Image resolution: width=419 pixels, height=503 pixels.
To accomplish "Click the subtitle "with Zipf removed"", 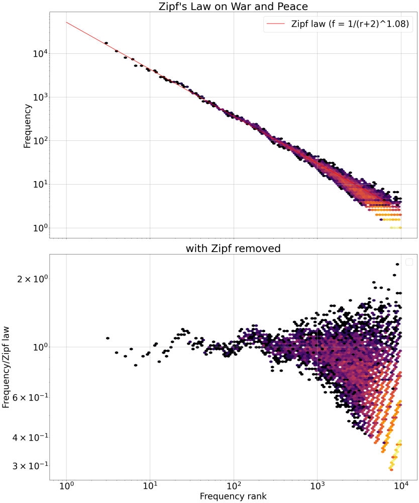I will click(x=233, y=248).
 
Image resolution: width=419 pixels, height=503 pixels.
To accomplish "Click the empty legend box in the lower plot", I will click(x=409, y=262).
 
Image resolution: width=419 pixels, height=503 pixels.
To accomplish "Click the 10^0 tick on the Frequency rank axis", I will click(x=66, y=486).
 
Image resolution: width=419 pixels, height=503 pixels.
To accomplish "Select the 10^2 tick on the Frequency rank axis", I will click(x=234, y=486).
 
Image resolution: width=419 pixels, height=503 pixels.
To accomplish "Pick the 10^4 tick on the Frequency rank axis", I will click(x=400, y=486).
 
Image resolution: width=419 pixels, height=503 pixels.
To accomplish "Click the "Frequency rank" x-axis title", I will click(x=233, y=496).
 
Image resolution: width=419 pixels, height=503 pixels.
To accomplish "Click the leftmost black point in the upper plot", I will click(x=106, y=43).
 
